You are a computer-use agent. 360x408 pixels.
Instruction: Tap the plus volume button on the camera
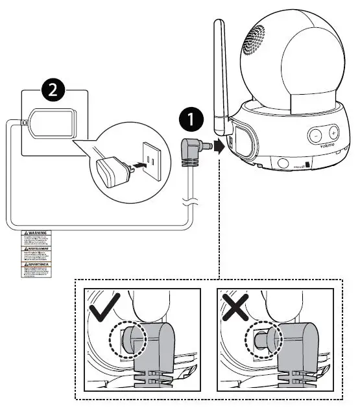pyautogui.click(x=333, y=133)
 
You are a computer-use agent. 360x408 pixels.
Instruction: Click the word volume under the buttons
pyautogui.click(x=326, y=147)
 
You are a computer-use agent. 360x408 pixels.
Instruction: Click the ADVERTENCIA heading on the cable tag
pyautogui.click(x=37, y=263)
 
